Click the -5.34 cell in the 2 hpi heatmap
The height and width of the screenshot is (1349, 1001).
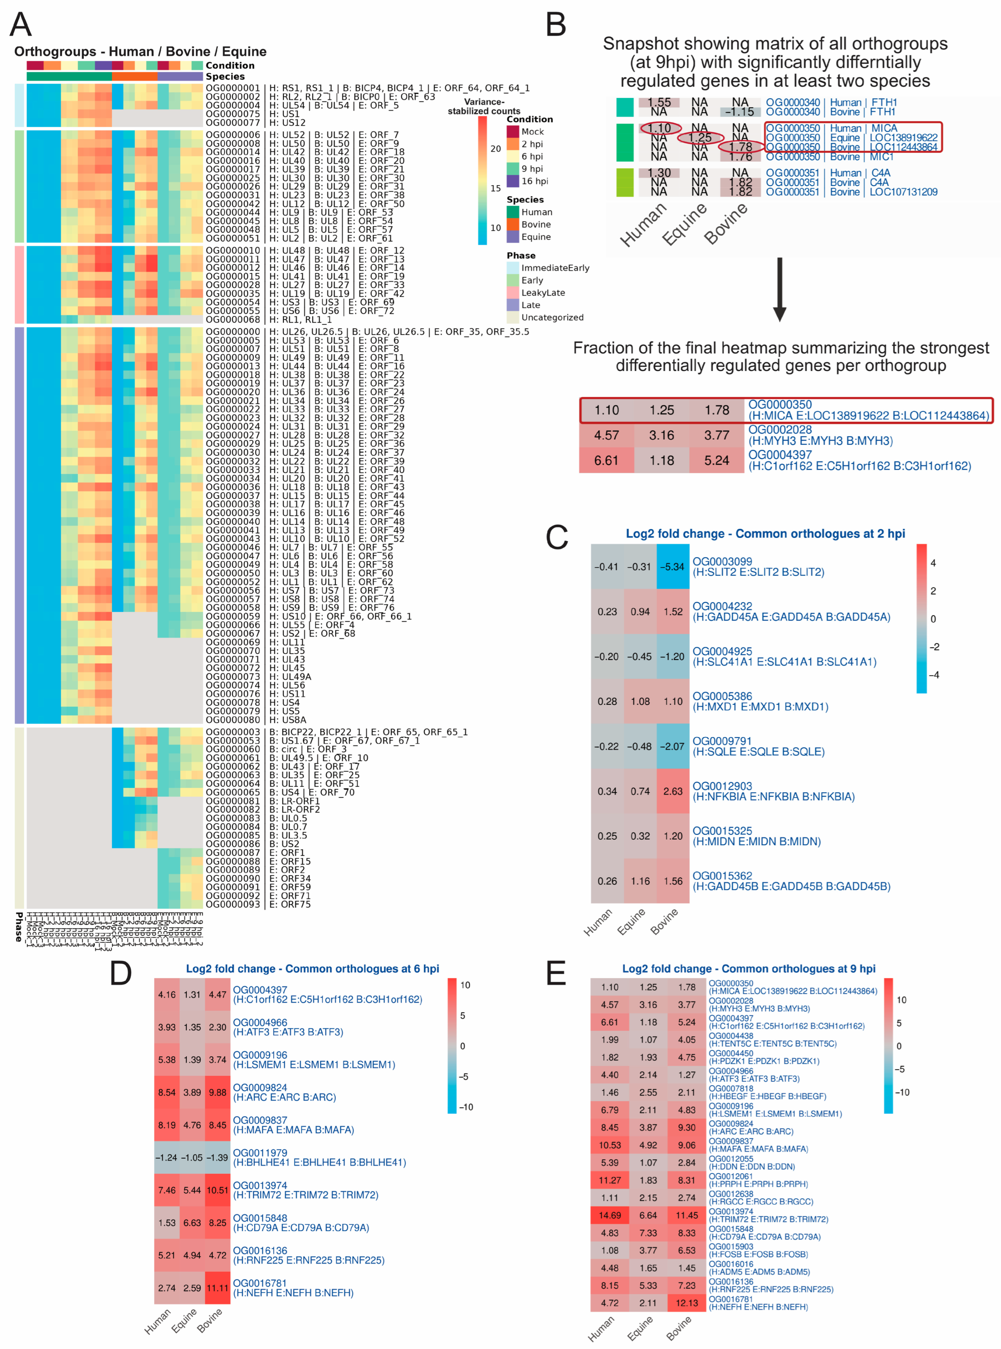(x=672, y=567)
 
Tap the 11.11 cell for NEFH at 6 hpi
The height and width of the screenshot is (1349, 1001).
(x=217, y=1288)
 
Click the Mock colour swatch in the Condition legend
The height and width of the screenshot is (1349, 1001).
(x=513, y=131)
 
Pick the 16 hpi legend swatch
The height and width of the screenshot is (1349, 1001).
(x=513, y=181)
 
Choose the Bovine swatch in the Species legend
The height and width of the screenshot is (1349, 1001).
(x=513, y=224)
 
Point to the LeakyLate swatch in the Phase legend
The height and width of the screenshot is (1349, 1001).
(x=513, y=293)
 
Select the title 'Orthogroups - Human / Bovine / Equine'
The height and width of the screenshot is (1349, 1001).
(x=140, y=51)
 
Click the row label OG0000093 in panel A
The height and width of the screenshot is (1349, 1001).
(x=233, y=904)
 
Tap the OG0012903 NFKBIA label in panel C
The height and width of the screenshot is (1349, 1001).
(x=773, y=791)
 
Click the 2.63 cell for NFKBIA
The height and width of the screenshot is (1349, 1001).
(x=672, y=791)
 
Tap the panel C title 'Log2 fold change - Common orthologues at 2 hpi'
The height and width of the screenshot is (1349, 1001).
(x=765, y=534)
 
